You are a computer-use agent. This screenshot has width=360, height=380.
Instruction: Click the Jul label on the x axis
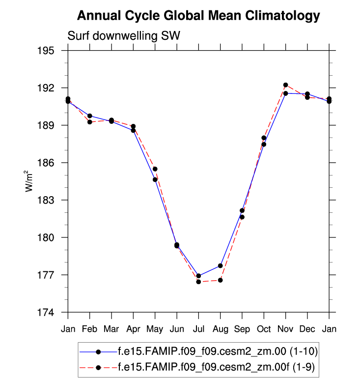click(x=198, y=328)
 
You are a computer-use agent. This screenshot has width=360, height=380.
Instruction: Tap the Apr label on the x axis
click(x=133, y=328)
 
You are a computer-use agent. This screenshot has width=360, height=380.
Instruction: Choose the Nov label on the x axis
click(x=285, y=328)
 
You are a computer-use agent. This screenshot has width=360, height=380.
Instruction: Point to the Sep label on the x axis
click(x=242, y=328)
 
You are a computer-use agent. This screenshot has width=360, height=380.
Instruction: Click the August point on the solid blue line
click(x=221, y=266)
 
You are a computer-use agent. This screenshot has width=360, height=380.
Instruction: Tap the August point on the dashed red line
click(x=221, y=280)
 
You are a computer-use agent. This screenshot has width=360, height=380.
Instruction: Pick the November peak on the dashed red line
click(x=285, y=85)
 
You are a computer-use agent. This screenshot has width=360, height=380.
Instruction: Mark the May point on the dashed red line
click(x=155, y=169)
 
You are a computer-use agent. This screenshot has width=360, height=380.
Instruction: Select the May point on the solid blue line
click(x=155, y=179)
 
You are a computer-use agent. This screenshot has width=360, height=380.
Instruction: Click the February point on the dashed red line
click(x=90, y=122)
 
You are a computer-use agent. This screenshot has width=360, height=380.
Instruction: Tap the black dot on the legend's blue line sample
click(x=98, y=351)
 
